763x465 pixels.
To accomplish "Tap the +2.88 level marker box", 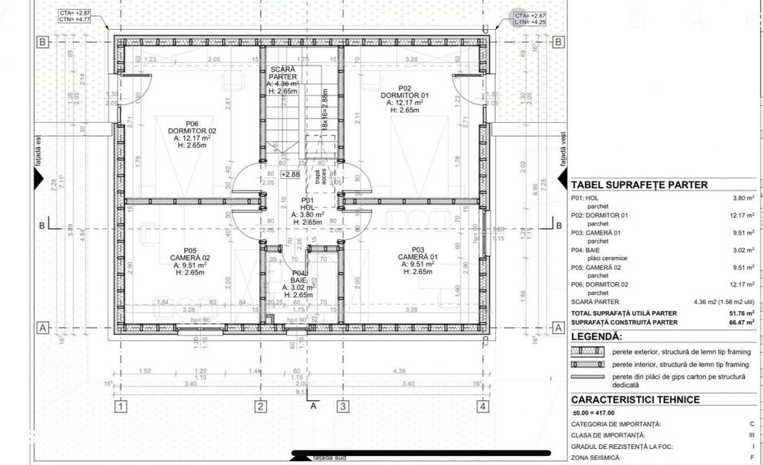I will [291, 175].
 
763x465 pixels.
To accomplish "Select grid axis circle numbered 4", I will [483, 406].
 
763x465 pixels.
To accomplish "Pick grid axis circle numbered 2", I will [260, 406].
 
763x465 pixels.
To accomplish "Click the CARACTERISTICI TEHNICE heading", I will [636, 399].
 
